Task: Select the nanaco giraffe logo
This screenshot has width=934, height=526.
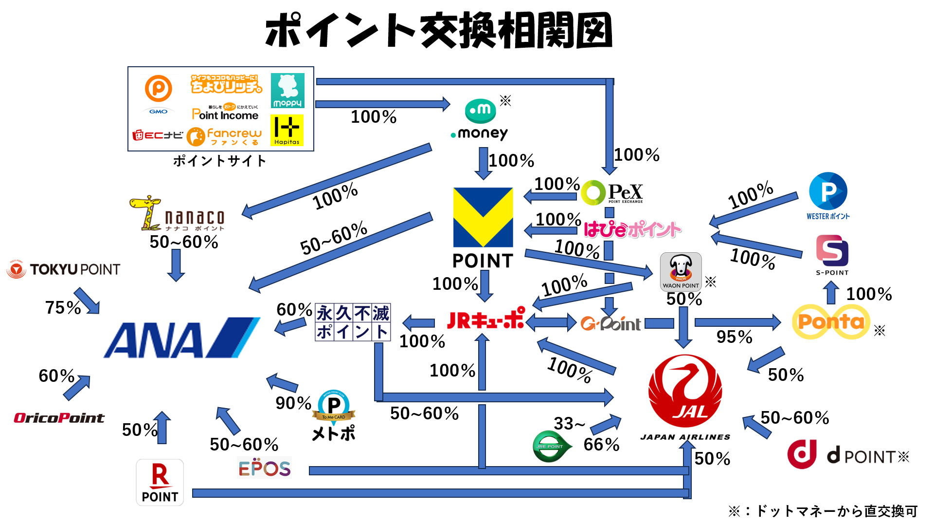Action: [177, 214]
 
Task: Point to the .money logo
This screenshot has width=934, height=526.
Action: [480, 120]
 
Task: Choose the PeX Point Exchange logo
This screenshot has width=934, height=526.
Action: [612, 193]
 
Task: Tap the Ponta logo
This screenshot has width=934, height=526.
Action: [831, 321]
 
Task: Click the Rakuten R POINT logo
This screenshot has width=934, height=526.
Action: [160, 482]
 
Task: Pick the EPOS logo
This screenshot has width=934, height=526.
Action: [264, 468]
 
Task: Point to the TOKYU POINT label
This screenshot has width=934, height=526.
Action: [64, 269]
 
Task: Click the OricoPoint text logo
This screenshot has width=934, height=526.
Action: [59, 418]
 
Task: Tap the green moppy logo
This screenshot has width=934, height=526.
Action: [287, 91]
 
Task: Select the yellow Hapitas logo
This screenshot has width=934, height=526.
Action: [287, 130]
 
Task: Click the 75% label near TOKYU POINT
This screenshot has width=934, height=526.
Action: [63, 308]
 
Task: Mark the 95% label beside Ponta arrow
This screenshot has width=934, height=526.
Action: [734, 337]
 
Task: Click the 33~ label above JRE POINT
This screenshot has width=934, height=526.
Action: [569, 424]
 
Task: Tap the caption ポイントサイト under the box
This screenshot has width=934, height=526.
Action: [220, 161]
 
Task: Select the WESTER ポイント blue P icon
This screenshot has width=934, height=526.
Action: [828, 191]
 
